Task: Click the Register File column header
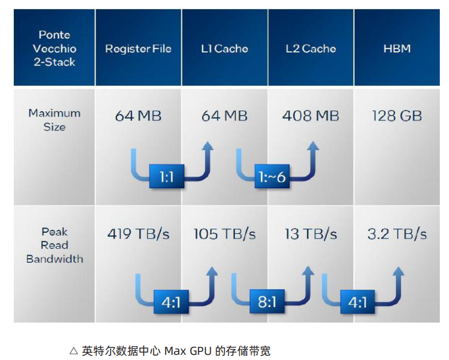click(x=138, y=48)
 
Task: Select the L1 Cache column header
click(x=224, y=48)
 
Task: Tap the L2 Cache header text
click(x=311, y=48)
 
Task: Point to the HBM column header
click(x=397, y=48)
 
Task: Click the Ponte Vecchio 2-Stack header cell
click(x=55, y=48)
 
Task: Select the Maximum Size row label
click(x=55, y=120)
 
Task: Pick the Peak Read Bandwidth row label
click(x=55, y=245)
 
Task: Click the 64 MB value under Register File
click(x=138, y=116)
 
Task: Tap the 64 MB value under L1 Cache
click(x=224, y=116)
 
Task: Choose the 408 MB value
click(x=311, y=116)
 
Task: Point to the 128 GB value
click(x=397, y=116)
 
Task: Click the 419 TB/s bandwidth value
click(x=139, y=234)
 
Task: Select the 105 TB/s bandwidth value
click(x=224, y=234)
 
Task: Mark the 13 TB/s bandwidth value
click(x=311, y=234)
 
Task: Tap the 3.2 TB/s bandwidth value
click(x=397, y=234)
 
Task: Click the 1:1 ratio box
click(x=167, y=176)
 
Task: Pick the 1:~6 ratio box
click(x=272, y=176)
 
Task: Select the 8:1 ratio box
click(x=267, y=301)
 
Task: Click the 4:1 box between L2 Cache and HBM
click(x=357, y=302)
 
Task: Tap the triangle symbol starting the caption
click(x=74, y=351)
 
